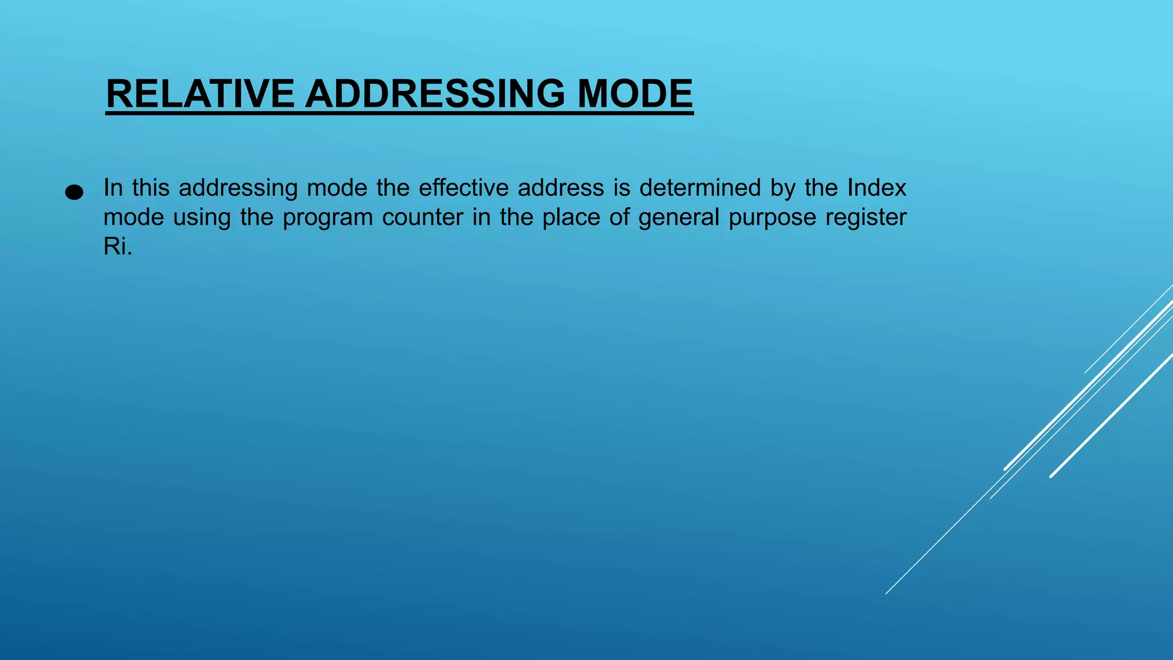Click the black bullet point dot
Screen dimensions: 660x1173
[x=74, y=192]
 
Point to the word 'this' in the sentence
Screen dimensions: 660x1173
[x=151, y=188]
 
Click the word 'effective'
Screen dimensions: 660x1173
[x=463, y=188]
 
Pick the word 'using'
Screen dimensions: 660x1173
[x=202, y=218]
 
